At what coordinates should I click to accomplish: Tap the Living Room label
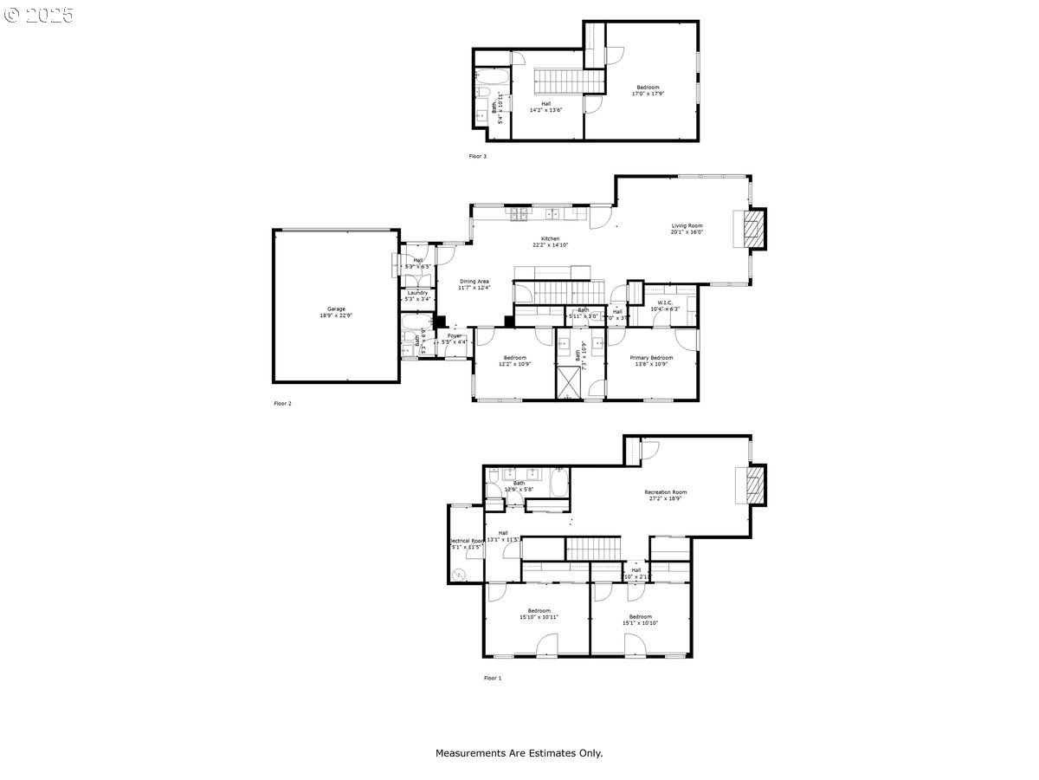687,225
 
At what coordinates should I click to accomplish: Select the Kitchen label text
551,238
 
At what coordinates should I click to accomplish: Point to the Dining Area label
474,282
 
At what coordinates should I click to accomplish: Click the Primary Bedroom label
651,357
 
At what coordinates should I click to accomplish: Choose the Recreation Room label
665,492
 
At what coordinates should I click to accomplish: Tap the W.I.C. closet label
665,302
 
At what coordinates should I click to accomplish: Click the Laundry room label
416,293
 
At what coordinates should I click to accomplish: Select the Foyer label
455,335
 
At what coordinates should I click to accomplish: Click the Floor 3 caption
478,156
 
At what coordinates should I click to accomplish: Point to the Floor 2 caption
282,403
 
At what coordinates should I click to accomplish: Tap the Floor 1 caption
492,678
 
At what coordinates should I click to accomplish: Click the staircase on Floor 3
565,82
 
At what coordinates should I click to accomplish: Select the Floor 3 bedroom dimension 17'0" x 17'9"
649,94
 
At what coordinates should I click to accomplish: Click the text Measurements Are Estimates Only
519,753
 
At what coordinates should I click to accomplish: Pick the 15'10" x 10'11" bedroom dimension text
539,617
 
